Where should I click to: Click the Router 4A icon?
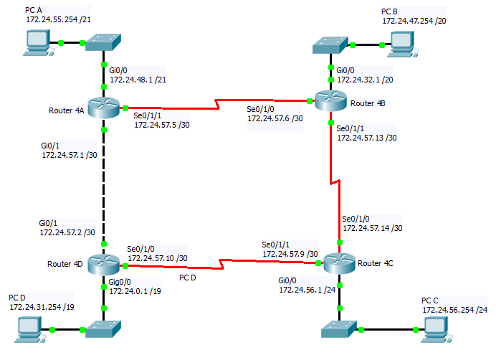[x=104, y=108]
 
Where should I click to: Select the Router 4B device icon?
[x=331, y=100]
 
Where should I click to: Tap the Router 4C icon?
[x=340, y=262]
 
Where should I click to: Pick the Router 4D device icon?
[x=104, y=264]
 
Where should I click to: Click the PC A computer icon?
[x=38, y=43]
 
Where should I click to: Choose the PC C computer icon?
[x=437, y=329]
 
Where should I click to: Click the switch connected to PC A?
[x=103, y=42]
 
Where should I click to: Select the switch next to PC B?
[x=330, y=45]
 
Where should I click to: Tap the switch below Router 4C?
[x=339, y=329]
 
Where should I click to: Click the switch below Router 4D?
[x=103, y=329]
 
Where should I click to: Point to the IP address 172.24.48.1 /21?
[x=138, y=80]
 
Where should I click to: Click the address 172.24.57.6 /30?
[x=275, y=118]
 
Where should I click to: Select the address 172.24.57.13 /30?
[x=367, y=138]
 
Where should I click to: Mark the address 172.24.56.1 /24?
[x=307, y=290]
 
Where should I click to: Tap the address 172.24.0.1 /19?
[x=135, y=291]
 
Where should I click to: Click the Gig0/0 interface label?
[x=120, y=282]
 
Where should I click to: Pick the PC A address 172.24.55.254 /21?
[x=59, y=19]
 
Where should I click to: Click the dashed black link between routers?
[x=104, y=186]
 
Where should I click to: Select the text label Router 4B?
[x=368, y=103]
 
